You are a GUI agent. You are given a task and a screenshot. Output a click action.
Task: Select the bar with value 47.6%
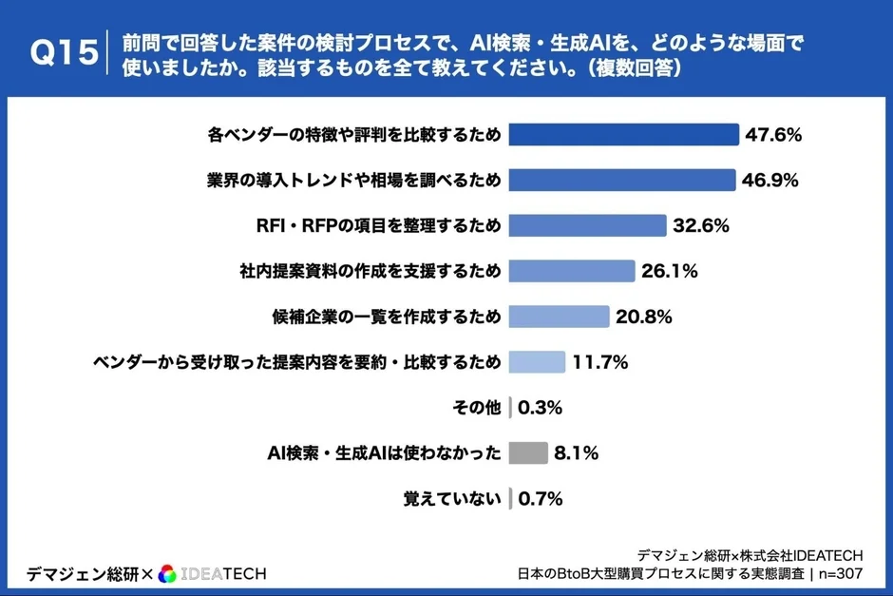tap(623, 135)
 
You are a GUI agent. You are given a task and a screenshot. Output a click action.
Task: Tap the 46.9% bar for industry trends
tap(622, 180)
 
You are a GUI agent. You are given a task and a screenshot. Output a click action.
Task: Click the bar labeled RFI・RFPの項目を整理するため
tap(587, 225)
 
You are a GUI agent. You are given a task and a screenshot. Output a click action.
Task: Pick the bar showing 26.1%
tap(571, 271)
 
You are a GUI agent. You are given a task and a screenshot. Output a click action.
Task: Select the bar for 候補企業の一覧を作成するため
tap(559, 317)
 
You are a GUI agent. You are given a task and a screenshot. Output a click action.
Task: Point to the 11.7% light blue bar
tap(537, 362)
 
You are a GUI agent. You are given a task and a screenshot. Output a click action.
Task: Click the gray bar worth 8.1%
tap(528, 453)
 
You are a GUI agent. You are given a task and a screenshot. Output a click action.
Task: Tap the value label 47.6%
tap(773, 135)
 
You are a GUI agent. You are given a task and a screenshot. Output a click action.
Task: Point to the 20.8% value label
tap(644, 317)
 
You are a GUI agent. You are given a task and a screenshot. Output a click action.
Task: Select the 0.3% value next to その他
tap(540, 408)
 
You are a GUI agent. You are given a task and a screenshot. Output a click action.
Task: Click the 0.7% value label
tap(540, 498)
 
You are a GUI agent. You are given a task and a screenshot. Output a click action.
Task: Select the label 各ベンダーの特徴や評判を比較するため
tap(353, 135)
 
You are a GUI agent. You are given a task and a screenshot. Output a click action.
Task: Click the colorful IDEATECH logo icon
tap(167, 573)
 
